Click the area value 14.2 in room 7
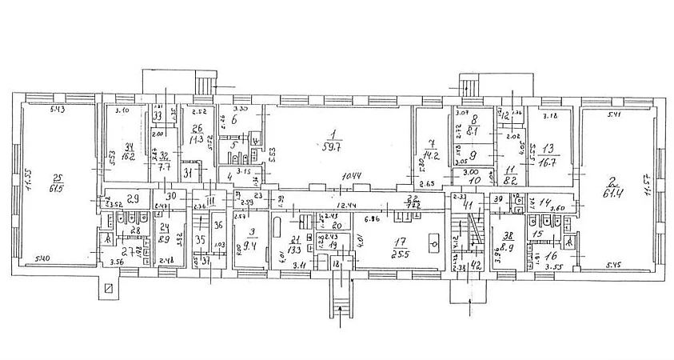(433, 157)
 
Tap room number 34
(128, 145)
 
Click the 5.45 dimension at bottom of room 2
(613, 265)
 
